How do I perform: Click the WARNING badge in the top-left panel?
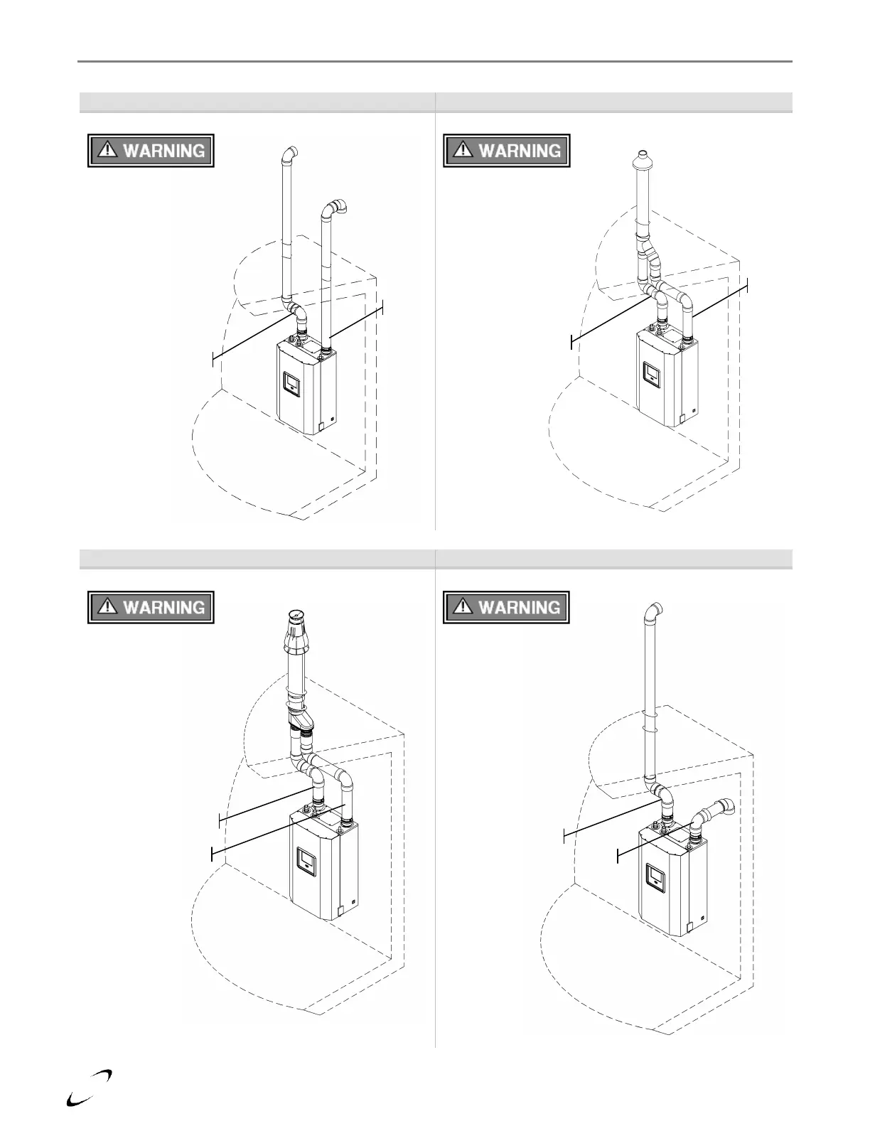151,151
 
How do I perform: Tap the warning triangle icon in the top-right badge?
462,149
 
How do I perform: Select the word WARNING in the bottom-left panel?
164,608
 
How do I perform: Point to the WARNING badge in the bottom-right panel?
506,608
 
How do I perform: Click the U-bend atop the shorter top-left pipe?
334,208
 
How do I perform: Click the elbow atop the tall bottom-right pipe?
655,611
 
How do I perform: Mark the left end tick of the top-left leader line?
213,360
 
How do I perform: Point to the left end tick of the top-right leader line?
571,341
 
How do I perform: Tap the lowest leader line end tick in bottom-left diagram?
212,853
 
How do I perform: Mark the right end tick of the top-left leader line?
383,307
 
